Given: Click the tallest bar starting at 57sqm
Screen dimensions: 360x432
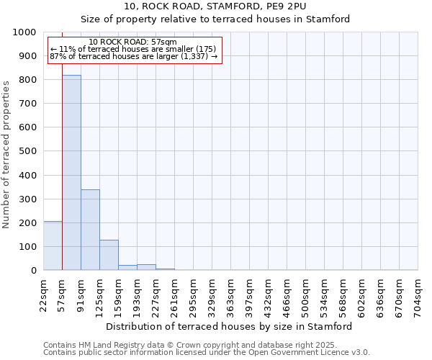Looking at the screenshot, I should [x=71, y=173].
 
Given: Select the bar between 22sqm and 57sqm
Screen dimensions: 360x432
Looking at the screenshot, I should [x=53, y=246].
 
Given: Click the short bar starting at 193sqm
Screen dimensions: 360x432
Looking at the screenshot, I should [x=146, y=267].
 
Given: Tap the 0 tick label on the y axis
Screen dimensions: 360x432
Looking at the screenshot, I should [x=33, y=271].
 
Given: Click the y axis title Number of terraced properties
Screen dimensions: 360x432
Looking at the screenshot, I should [x=7, y=154].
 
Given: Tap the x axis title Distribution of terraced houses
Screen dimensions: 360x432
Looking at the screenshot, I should [x=234, y=326].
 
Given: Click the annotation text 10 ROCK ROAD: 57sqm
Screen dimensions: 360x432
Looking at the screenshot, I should [x=133, y=42].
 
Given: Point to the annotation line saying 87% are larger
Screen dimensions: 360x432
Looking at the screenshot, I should [x=133, y=56].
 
